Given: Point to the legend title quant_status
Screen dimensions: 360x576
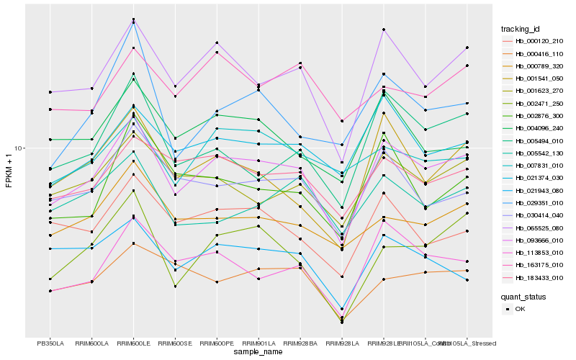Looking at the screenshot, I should pos(523,296).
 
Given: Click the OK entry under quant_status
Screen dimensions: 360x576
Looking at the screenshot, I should pos(520,309).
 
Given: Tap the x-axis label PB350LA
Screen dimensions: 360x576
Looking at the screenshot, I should pos(50,343).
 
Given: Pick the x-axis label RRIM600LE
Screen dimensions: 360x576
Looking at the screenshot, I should pos(133,343).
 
